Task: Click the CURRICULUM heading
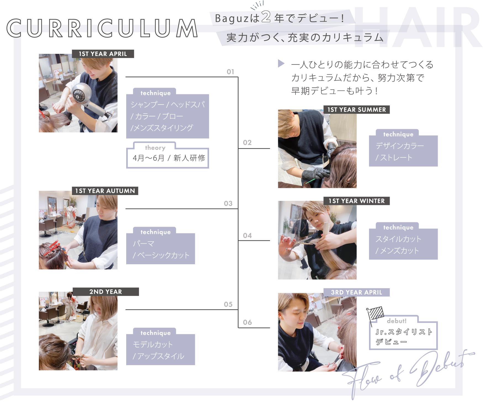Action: tap(102, 28)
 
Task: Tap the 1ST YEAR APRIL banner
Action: tap(103, 54)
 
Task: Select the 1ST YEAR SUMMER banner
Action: tap(357, 110)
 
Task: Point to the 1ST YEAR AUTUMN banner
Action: tap(105, 191)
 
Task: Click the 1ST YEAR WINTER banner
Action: tap(357, 201)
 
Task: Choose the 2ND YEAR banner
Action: tap(106, 292)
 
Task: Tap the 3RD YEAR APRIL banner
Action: tap(357, 292)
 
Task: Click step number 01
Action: tap(231, 72)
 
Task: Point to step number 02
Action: tap(247, 143)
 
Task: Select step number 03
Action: tap(228, 204)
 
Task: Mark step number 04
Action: tap(247, 236)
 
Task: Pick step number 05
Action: tap(228, 305)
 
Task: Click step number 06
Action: tap(247, 322)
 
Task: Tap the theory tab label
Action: tap(155, 148)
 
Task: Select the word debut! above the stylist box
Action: tap(397, 321)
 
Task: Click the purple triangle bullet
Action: tap(281, 63)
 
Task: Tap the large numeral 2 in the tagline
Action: tap(266, 17)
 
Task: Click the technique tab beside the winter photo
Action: tap(398, 228)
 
